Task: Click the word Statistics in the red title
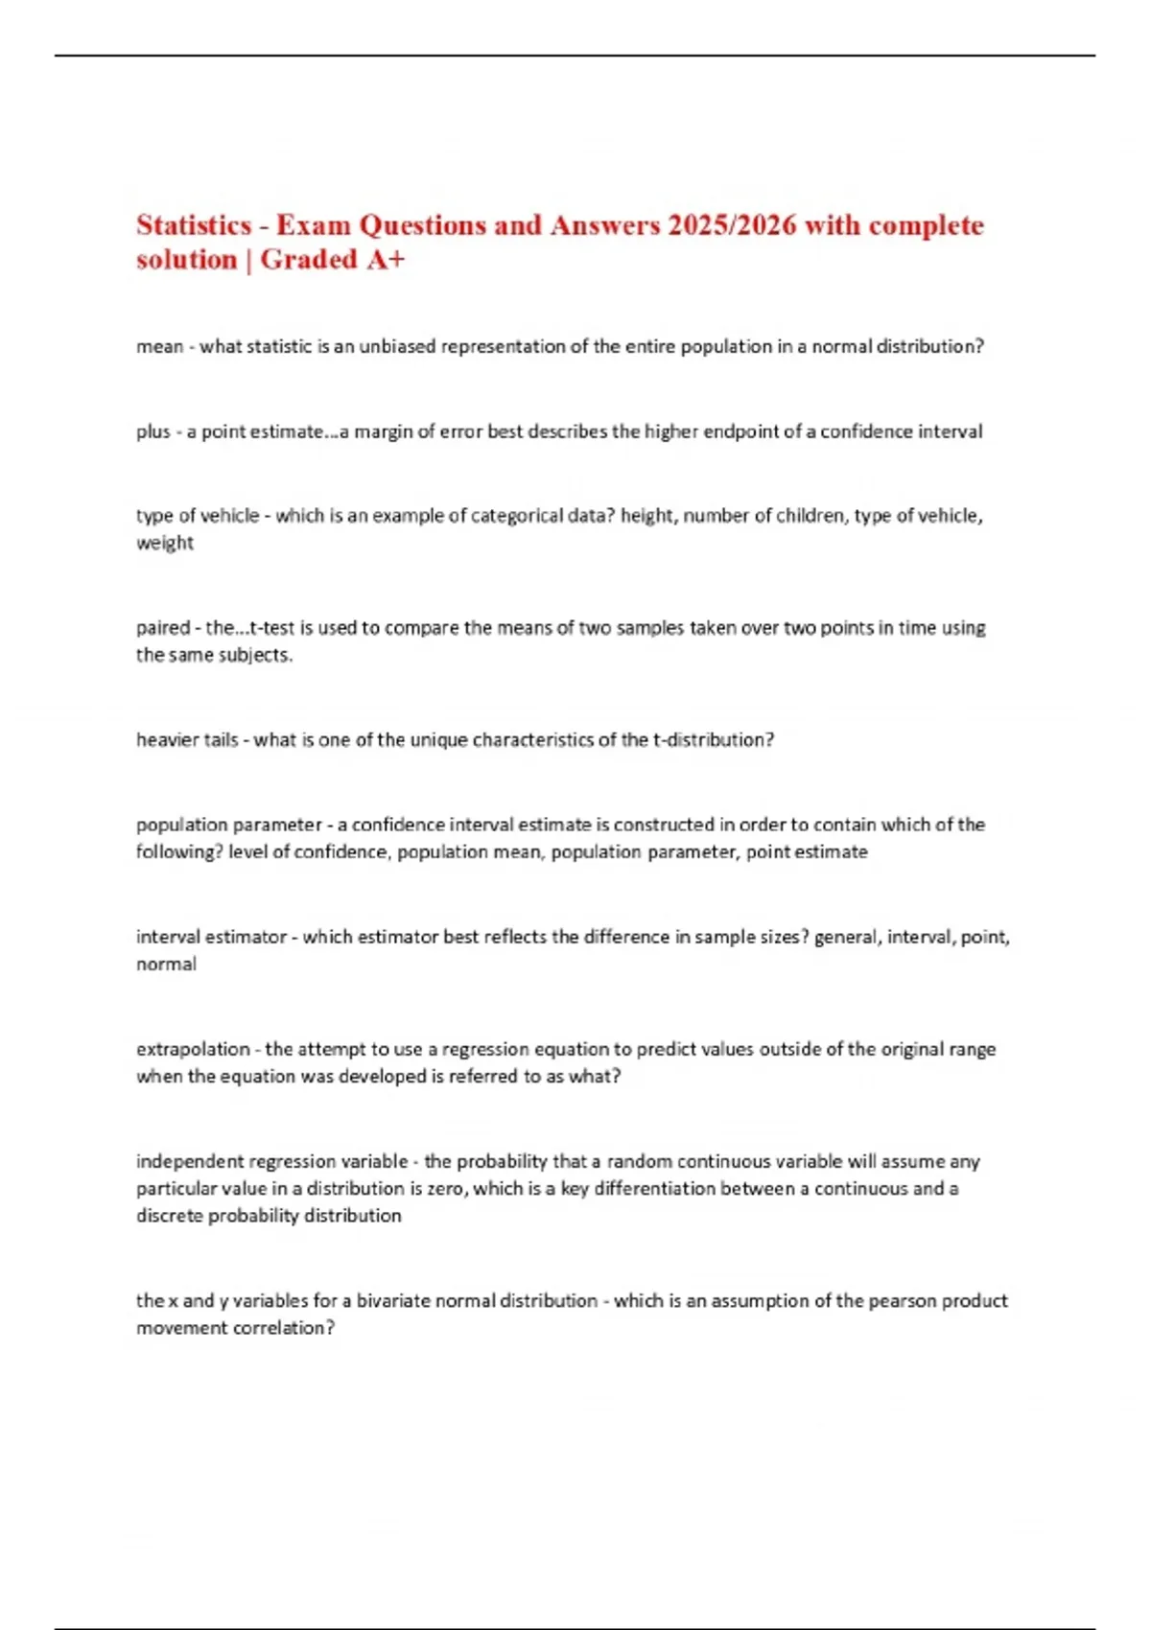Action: pyautogui.click(x=194, y=225)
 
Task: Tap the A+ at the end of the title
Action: pyautogui.click(x=386, y=260)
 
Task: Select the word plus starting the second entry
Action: pyautogui.click(x=153, y=431)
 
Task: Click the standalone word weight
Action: pyautogui.click(x=165, y=543)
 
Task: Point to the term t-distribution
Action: pyautogui.click(x=713, y=740)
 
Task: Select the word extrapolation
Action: pyautogui.click(x=193, y=1049)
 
